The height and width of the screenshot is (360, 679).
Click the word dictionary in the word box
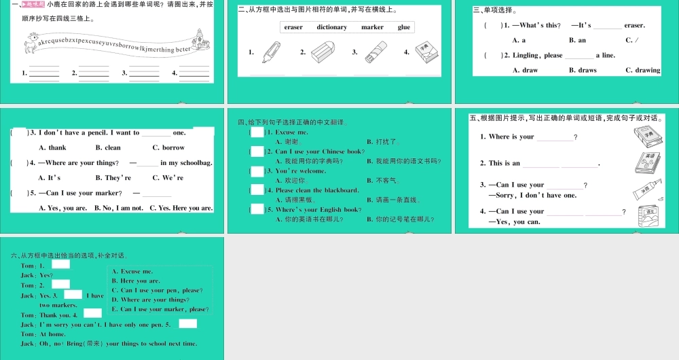point(331,27)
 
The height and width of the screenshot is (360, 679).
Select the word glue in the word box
point(404,27)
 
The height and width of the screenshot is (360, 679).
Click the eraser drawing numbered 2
point(321,52)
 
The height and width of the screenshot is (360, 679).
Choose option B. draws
point(583,70)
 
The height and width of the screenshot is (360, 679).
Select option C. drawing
point(642,70)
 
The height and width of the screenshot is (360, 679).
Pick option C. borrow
point(168,147)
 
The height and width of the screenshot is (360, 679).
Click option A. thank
point(53,147)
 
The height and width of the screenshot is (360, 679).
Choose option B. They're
point(113,177)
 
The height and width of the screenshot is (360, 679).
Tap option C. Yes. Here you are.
point(181,208)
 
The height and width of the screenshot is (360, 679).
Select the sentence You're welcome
point(300,171)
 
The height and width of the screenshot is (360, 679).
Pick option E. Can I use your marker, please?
point(160,309)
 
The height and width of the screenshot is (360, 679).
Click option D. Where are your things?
point(150,300)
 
